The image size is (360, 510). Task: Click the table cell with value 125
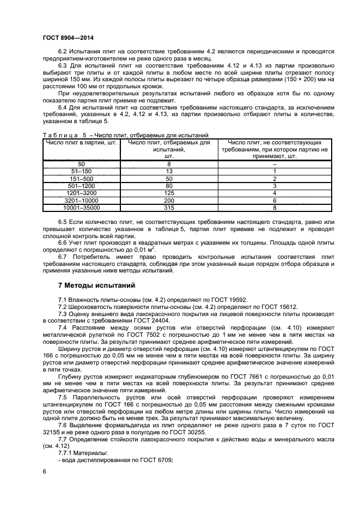(x=169, y=193)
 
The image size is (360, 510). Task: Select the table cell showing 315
(x=169, y=208)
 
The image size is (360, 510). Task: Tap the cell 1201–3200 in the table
(x=81, y=193)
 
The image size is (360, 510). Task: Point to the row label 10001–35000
(x=81, y=208)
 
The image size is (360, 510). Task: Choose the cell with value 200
(x=169, y=201)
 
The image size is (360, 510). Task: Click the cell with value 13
(x=169, y=171)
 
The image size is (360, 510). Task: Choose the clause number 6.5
(x=64, y=222)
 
